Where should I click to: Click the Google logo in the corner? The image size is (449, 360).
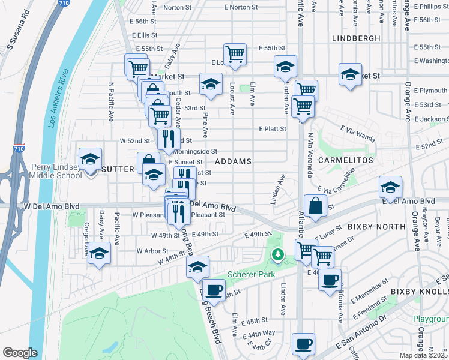coord(20,353)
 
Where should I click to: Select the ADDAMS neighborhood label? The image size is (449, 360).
coord(232,161)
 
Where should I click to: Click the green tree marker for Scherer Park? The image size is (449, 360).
coord(277,255)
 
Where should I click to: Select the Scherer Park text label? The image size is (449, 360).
coord(250,274)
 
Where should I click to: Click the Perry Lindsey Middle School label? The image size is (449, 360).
coord(53,170)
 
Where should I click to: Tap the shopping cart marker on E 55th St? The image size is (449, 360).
coord(235,53)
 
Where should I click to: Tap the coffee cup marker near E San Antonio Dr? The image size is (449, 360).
coord(303,344)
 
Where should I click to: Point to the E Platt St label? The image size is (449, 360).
coord(273,129)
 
